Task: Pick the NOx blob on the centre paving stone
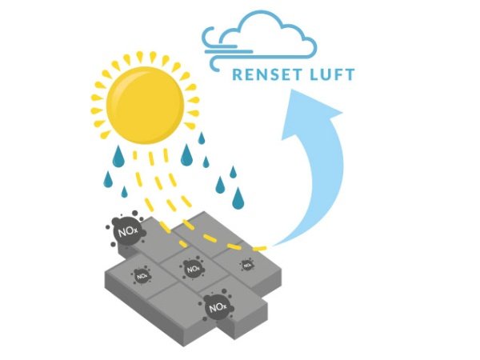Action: pyautogui.click(x=192, y=270)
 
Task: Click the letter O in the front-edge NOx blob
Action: pyautogui.click(x=214, y=306)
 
